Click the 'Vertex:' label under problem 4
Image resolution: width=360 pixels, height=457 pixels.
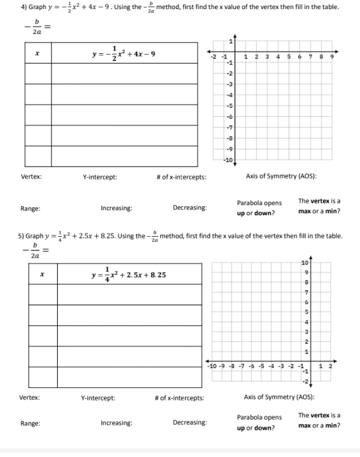pyautogui.click(x=31, y=177)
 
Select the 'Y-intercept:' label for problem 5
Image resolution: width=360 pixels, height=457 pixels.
pyautogui.click(x=98, y=398)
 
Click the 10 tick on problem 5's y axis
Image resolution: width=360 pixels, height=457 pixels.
pyautogui.click(x=305, y=262)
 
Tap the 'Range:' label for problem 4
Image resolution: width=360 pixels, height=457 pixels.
pyautogui.click(x=30, y=208)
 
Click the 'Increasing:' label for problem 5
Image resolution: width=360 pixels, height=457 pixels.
pyautogui.click(x=116, y=422)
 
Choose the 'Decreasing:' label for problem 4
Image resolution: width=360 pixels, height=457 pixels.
pyautogui.click(x=190, y=208)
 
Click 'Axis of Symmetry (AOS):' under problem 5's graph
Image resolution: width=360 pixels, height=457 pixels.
pyautogui.click(x=280, y=398)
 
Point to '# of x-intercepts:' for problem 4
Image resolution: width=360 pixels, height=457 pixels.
pyautogui.click(x=181, y=177)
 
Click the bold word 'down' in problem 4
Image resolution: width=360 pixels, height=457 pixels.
pyautogui.click(x=263, y=213)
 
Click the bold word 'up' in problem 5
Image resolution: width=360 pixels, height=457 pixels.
pyautogui.click(x=241, y=428)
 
